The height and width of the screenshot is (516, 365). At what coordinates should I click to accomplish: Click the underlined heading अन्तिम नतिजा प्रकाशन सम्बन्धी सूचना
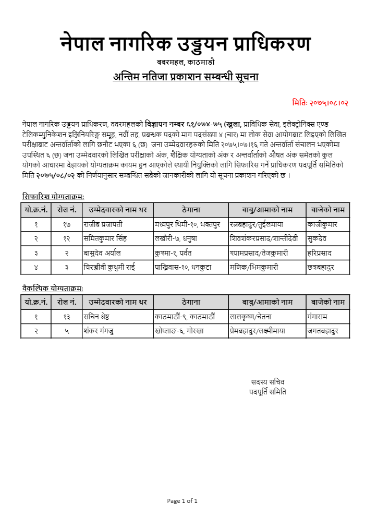185,77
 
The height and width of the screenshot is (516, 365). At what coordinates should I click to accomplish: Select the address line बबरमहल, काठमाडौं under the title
185,63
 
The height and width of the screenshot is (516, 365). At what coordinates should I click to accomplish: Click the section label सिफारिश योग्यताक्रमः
53,197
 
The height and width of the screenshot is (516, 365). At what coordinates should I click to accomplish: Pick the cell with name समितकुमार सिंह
105,238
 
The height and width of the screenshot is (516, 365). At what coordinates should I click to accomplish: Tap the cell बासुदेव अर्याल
102,253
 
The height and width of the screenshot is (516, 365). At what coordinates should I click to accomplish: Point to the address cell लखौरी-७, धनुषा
179,238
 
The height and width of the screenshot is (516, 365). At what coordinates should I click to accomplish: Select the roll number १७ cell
67,224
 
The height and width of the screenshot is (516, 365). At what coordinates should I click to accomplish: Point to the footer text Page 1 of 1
182,501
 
